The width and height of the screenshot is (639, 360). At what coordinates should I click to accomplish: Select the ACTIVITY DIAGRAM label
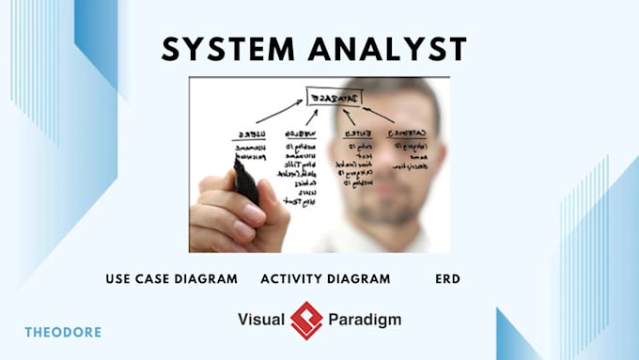pyautogui.click(x=325, y=279)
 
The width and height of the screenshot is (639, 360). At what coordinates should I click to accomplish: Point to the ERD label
pyautogui.click(x=447, y=279)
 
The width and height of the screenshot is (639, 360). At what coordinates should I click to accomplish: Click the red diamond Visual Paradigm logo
pyautogui.click(x=306, y=320)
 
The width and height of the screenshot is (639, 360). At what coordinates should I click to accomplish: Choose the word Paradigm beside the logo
pyautogui.click(x=365, y=320)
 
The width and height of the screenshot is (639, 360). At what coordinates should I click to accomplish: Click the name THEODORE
pyautogui.click(x=63, y=332)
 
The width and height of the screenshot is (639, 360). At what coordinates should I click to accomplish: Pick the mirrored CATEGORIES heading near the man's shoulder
pyautogui.click(x=410, y=132)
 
